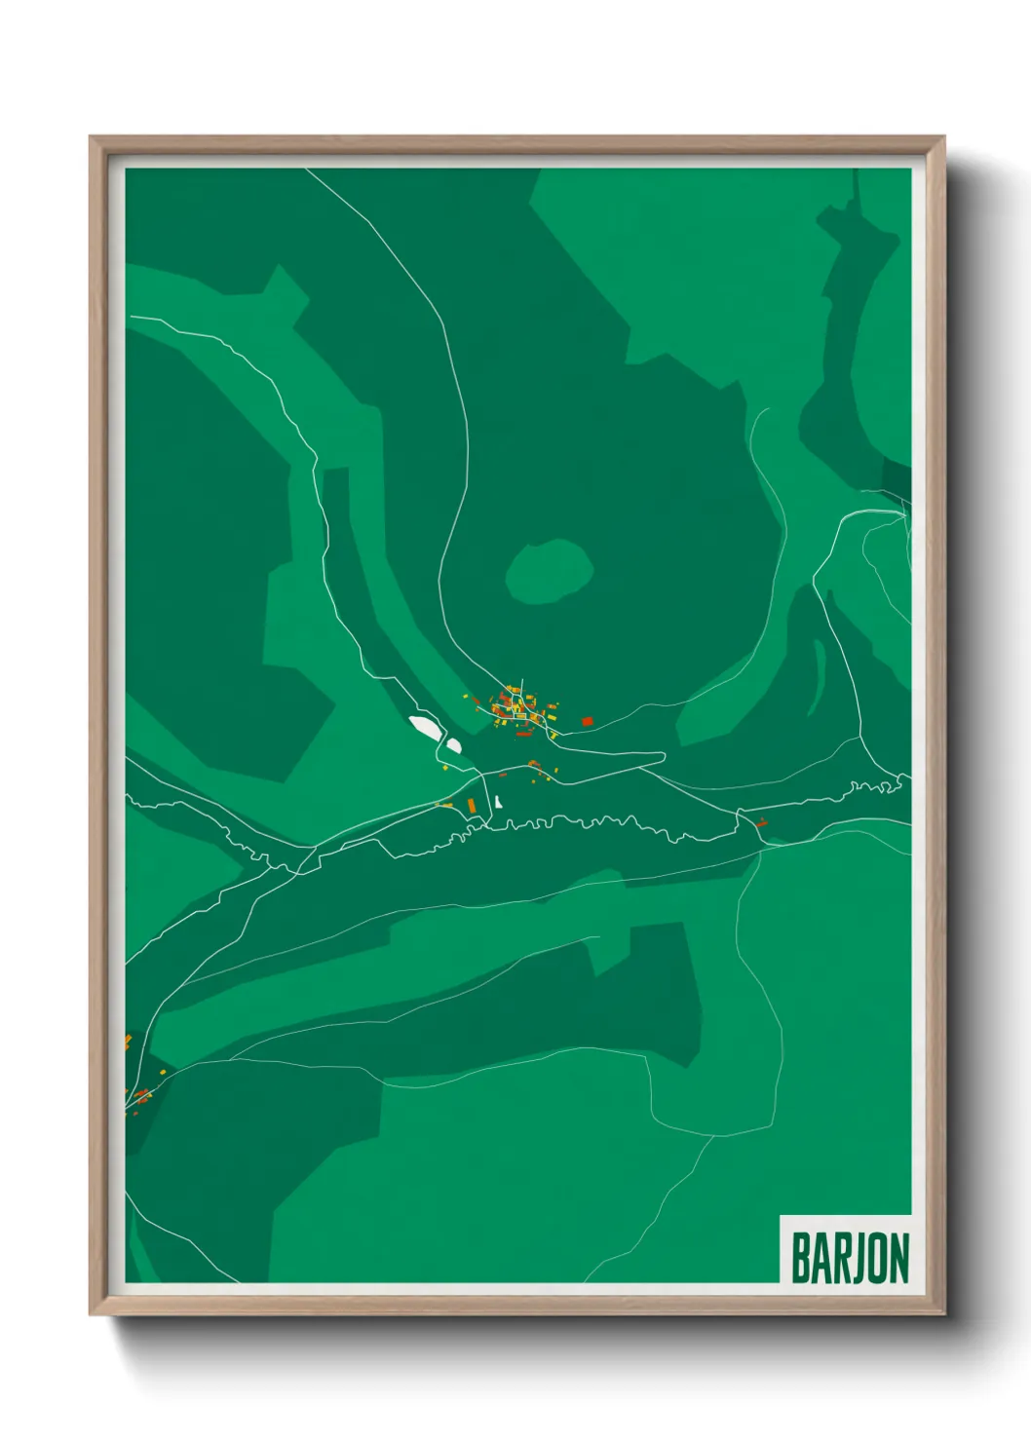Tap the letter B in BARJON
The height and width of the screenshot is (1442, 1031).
pos(802,1258)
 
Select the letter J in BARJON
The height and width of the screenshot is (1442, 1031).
pos(849,1258)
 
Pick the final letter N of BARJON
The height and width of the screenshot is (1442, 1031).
pos(897,1258)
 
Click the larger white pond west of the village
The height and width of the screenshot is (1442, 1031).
pos(425,726)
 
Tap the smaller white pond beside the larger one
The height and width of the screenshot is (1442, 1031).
pos(453,746)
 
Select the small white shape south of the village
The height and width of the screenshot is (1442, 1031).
pos(498,802)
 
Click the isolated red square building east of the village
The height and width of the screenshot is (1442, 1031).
pos(588,721)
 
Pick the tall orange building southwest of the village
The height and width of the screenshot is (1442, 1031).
pos(472,806)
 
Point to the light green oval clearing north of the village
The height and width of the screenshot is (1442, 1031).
pos(549,569)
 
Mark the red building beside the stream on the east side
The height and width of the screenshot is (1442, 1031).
pos(762,823)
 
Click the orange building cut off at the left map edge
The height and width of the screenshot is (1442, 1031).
pos(128,1042)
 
